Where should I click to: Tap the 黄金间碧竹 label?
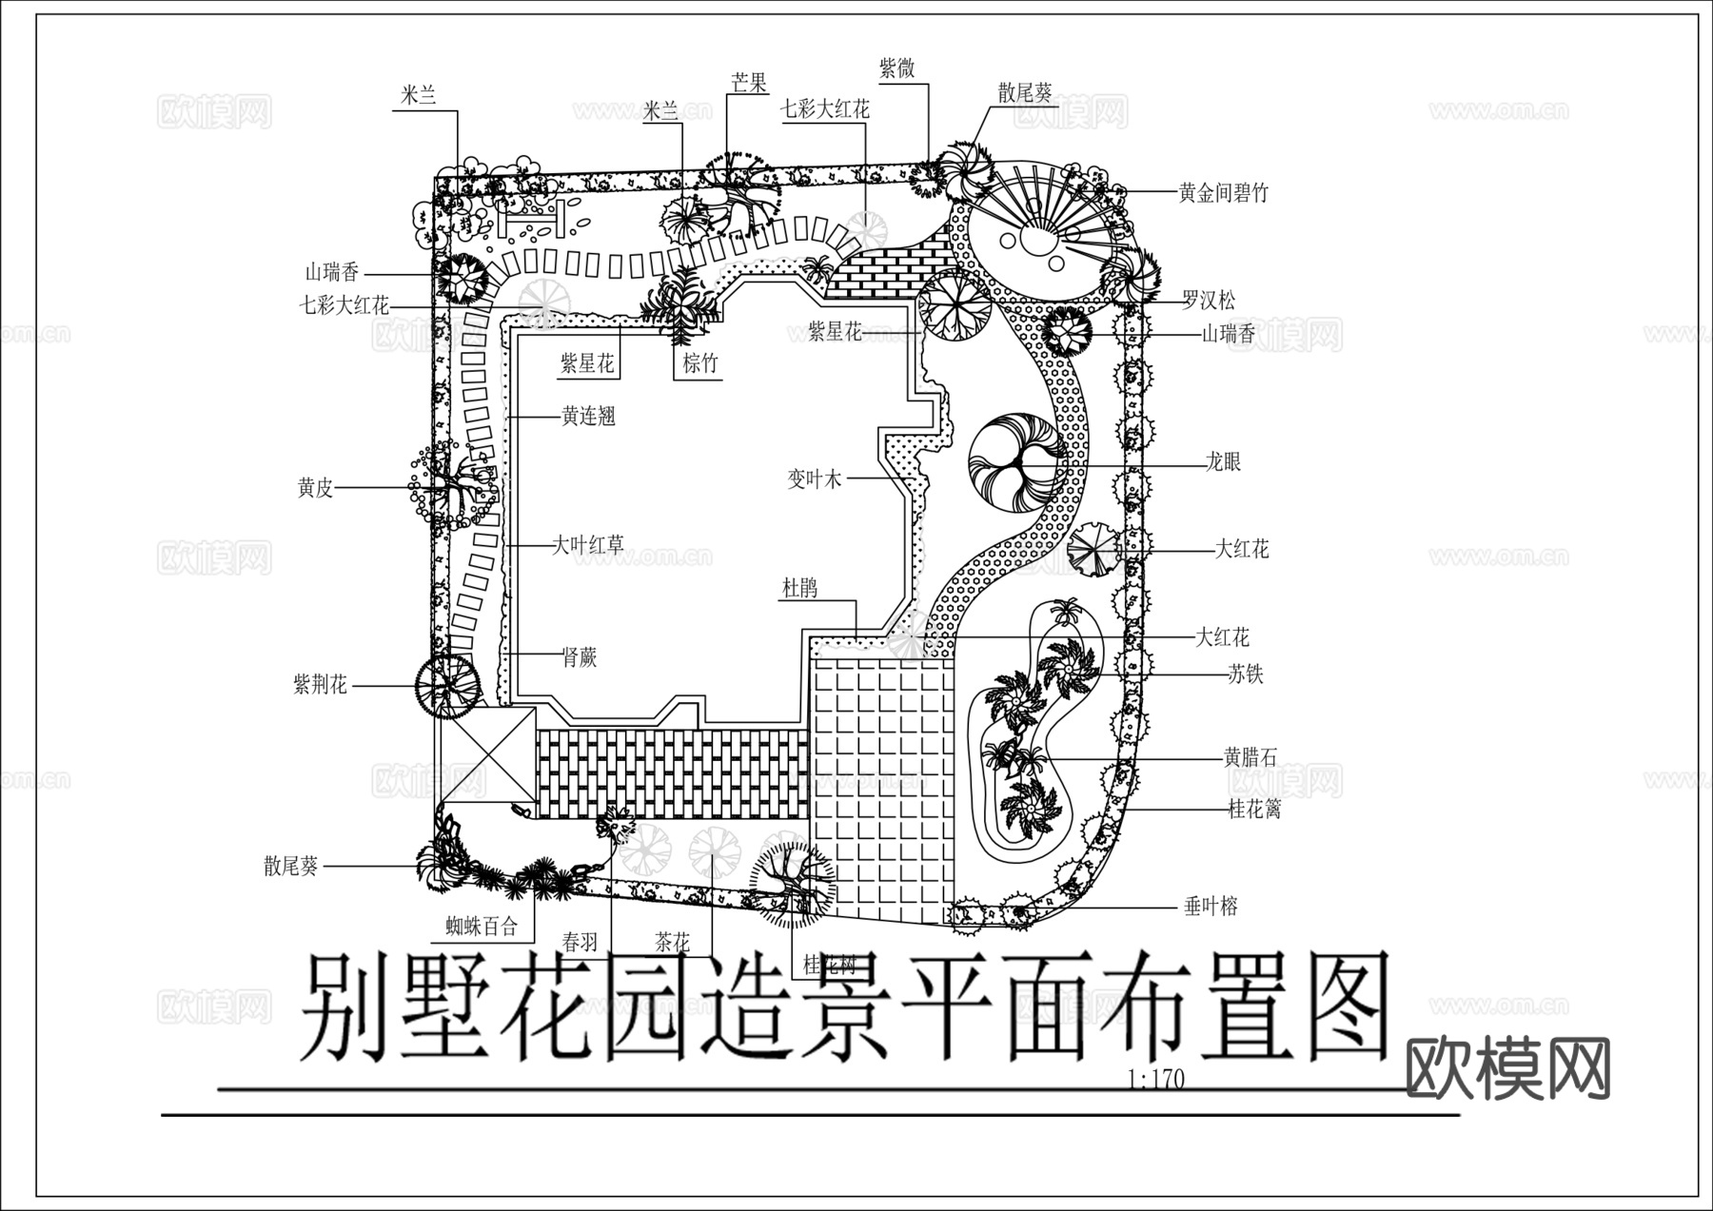coord(1223,193)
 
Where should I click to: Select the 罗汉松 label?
coord(1209,302)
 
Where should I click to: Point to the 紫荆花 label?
coord(321,684)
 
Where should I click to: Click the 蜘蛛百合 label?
coord(482,926)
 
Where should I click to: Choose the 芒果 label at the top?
coord(748,83)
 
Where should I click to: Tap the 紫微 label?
coord(896,68)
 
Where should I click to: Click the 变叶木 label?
coord(815,479)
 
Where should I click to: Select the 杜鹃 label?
coord(799,589)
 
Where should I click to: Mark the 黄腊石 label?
coord(1250,758)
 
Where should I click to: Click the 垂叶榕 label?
coord(1211,907)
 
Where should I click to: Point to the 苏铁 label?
coord(1245,675)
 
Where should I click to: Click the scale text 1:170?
coord(1155,1080)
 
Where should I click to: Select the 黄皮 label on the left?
coord(315,489)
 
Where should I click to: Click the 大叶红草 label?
coord(588,546)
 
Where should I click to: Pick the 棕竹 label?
coord(700,363)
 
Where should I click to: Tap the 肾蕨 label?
coord(579,656)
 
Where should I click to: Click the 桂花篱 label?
coord(1254,810)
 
